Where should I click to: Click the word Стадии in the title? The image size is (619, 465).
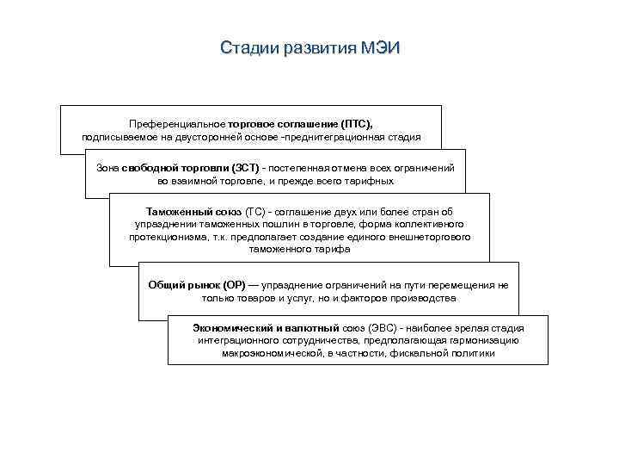coord(248,46)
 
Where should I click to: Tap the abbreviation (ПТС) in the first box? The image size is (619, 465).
coord(357,124)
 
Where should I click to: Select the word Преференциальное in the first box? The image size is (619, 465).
coord(172,124)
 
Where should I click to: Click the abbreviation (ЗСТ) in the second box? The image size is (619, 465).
coord(245,169)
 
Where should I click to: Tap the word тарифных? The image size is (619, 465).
coord(371,181)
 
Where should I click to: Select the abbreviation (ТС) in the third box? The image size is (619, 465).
coord(255,211)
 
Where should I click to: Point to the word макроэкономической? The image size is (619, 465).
coord(271,353)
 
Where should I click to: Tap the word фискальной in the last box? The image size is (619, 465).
coord(419,353)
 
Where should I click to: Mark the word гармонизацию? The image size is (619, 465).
coord(482,341)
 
